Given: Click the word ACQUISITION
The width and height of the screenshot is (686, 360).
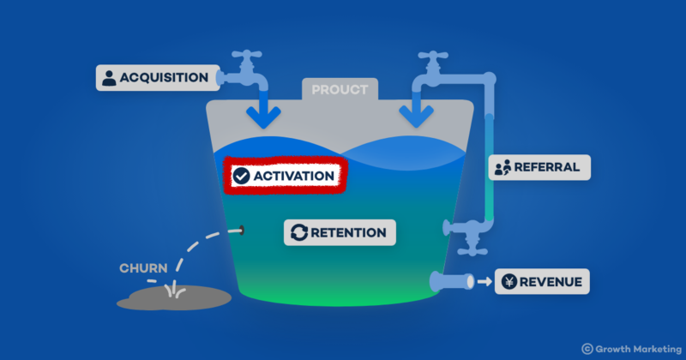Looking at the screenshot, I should pyautogui.click(x=164, y=78).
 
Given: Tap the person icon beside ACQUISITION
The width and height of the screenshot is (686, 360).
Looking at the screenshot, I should pyautogui.click(x=109, y=78).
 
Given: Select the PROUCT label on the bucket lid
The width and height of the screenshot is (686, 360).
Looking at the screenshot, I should pyautogui.click(x=339, y=89).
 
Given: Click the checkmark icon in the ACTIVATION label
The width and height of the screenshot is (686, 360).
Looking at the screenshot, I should pyautogui.click(x=242, y=176).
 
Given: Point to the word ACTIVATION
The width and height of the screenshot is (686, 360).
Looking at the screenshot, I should pyautogui.click(x=293, y=176).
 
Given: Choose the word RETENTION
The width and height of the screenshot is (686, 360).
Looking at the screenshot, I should pyautogui.click(x=349, y=231).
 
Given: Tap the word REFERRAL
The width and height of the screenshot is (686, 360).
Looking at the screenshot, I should pyautogui.click(x=551, y=166).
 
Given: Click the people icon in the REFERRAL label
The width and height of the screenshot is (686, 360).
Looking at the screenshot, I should pyautogui.click(x=502, y=166).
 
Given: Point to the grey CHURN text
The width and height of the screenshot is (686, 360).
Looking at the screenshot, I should pyautogui.click(x=142, y=267).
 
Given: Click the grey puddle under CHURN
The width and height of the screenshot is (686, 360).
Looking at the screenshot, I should pyautogui.click(x=175, y=297).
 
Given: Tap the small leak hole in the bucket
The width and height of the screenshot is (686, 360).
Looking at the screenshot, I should pyautogui.click(x=243, y=230).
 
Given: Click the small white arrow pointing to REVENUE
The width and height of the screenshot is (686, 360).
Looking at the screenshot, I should pyautogui.click(x=484, y=281).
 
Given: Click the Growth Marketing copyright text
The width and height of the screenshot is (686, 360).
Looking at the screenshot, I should pyautogui.click(x=630, y=348).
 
